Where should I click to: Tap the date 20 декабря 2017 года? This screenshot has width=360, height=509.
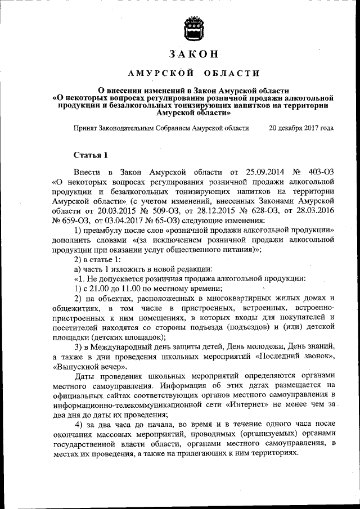click(x=301, y=128)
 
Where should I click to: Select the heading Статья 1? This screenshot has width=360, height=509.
click(x=90, y=155)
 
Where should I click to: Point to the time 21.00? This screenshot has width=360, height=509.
click(x=98, y=287)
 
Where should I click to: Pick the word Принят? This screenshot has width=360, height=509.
click(x=85, y=128)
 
